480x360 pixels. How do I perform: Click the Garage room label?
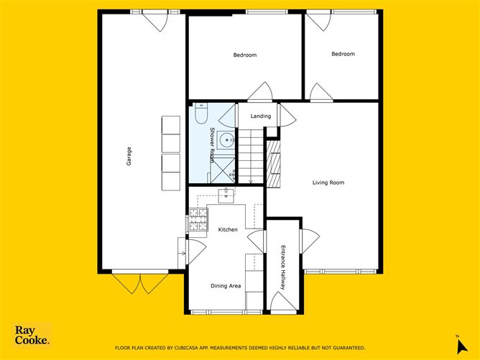(x=129, y=157)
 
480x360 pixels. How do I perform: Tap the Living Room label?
(x=328, y=183)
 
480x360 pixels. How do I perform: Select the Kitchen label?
(x=228, y=230)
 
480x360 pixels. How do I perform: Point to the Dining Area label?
(x=226, y=286)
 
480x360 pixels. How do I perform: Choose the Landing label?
(x=261, y=116)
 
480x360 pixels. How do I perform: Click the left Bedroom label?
(x=244, y=55)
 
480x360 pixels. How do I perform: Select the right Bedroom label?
(x=343, y=54)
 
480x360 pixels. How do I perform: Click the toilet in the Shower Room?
(x=202, y=114)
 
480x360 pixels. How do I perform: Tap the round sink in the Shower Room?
(x=226, y=140)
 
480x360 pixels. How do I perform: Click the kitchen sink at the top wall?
(x=226, y=193)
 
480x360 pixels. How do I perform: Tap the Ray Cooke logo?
(x=32, y=335)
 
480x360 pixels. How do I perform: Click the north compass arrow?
(x=456, y=340)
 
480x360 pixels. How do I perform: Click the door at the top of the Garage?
(x=155, y=19)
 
